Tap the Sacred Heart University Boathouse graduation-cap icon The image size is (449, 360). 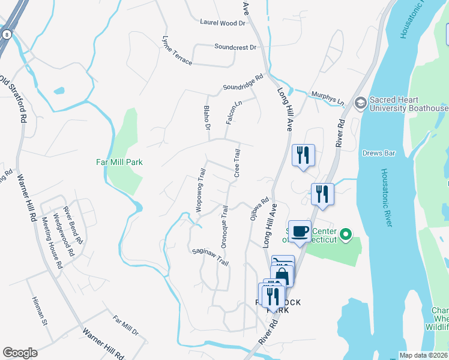(360, 102)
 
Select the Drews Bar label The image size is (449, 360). (379, 154)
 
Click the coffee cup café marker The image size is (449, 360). (302, 231)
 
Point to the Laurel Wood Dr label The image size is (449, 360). (223, 23)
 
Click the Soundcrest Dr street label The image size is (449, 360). (235, 47)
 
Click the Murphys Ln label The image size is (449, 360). (327, 98)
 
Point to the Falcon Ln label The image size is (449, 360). (234, 112)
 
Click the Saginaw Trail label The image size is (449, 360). (210, 258)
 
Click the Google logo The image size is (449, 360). (20, 353)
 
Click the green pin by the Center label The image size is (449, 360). (345, 235)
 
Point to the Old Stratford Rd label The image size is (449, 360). (13, 99)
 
